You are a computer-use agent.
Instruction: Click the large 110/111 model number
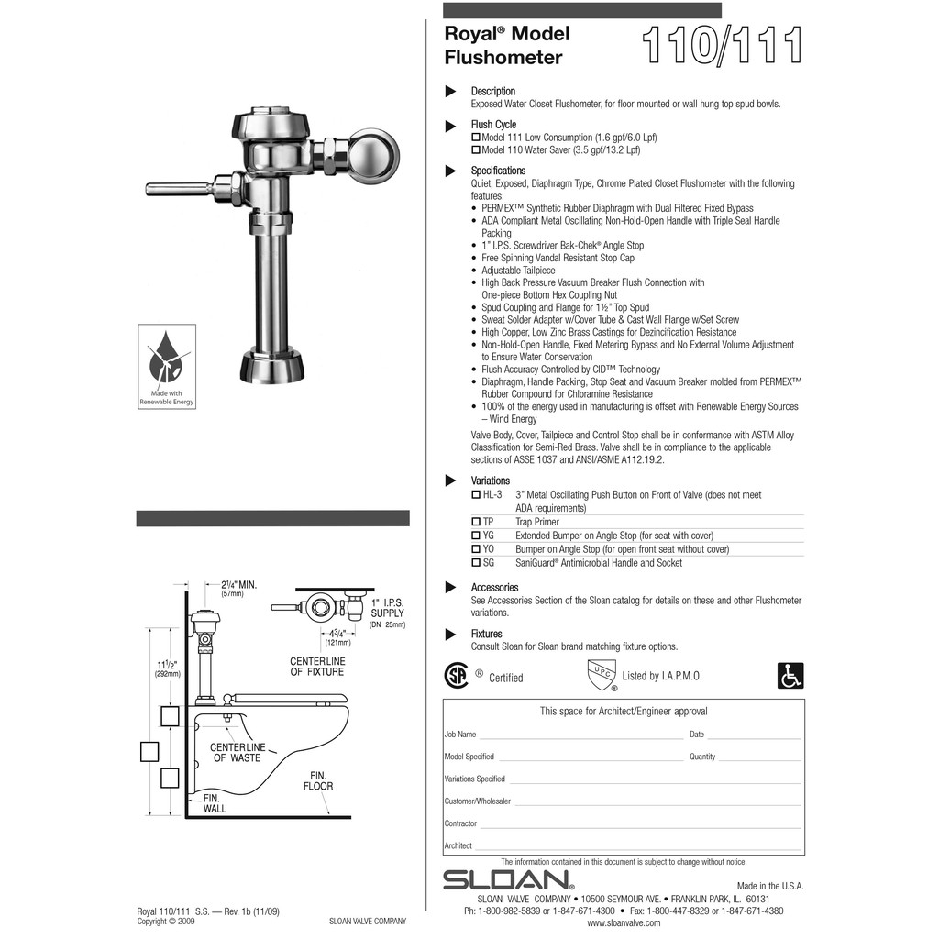[723, 46]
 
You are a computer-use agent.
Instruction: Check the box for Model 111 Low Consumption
[476, 138]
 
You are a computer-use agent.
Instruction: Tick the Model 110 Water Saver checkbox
[476, 149]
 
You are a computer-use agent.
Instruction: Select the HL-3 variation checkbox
[476, 494]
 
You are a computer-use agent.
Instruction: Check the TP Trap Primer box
[476, 522]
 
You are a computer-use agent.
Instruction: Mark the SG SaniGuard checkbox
[476, 563]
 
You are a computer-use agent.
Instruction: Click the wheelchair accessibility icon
[790, 676]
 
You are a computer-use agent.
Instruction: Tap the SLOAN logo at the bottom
[509, 880]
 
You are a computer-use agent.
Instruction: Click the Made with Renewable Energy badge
[167, 365]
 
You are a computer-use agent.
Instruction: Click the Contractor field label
[460, 823]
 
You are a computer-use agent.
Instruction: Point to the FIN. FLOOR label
[318, 781]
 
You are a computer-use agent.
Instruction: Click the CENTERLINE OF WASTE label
[238, 753]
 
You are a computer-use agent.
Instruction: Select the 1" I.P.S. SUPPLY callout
[387, 608]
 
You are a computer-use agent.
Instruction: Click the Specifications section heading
[498, 171]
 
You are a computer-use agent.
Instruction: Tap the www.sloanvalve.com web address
[624, 923]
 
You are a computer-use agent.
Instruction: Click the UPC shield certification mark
[600, 674]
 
